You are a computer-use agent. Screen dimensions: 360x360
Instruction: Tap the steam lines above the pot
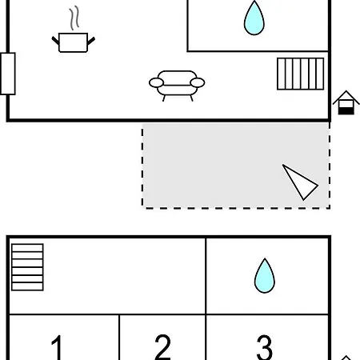[x=74, y=18]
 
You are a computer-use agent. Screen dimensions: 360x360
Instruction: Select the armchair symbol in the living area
[x=177, y=86]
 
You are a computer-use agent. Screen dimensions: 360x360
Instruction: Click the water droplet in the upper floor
[x=254, y=18]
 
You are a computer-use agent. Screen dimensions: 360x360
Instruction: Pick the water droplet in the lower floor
[x=265, y=276]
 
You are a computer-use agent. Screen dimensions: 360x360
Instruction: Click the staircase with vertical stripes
[x=301, y=74]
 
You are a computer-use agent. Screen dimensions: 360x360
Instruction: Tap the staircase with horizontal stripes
[x=27, y=267]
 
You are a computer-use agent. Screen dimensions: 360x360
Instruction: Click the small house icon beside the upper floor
[x=346, y=102]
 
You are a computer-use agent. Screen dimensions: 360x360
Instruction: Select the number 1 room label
[x=57, y=347]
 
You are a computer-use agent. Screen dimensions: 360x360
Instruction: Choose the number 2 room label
[x=162, y=347]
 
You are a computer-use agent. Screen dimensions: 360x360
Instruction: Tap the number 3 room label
[x=264, y=347]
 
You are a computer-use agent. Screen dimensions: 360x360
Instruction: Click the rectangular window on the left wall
[x=8, y=74]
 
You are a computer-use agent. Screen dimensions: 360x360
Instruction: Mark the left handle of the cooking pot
[x=55, y=41]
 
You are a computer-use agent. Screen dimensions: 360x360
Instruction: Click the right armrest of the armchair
[x=198, y=82]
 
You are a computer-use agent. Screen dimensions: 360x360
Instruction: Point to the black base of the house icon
[x=346, y=111]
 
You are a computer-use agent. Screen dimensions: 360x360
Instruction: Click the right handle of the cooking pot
[x=91, y=41]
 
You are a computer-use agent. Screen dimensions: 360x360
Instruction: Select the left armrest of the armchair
[x=156, y=82]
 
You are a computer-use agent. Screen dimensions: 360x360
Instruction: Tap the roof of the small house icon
[x=346, y=97]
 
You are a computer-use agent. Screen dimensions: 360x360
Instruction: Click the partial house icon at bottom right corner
[x=346, y=358]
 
